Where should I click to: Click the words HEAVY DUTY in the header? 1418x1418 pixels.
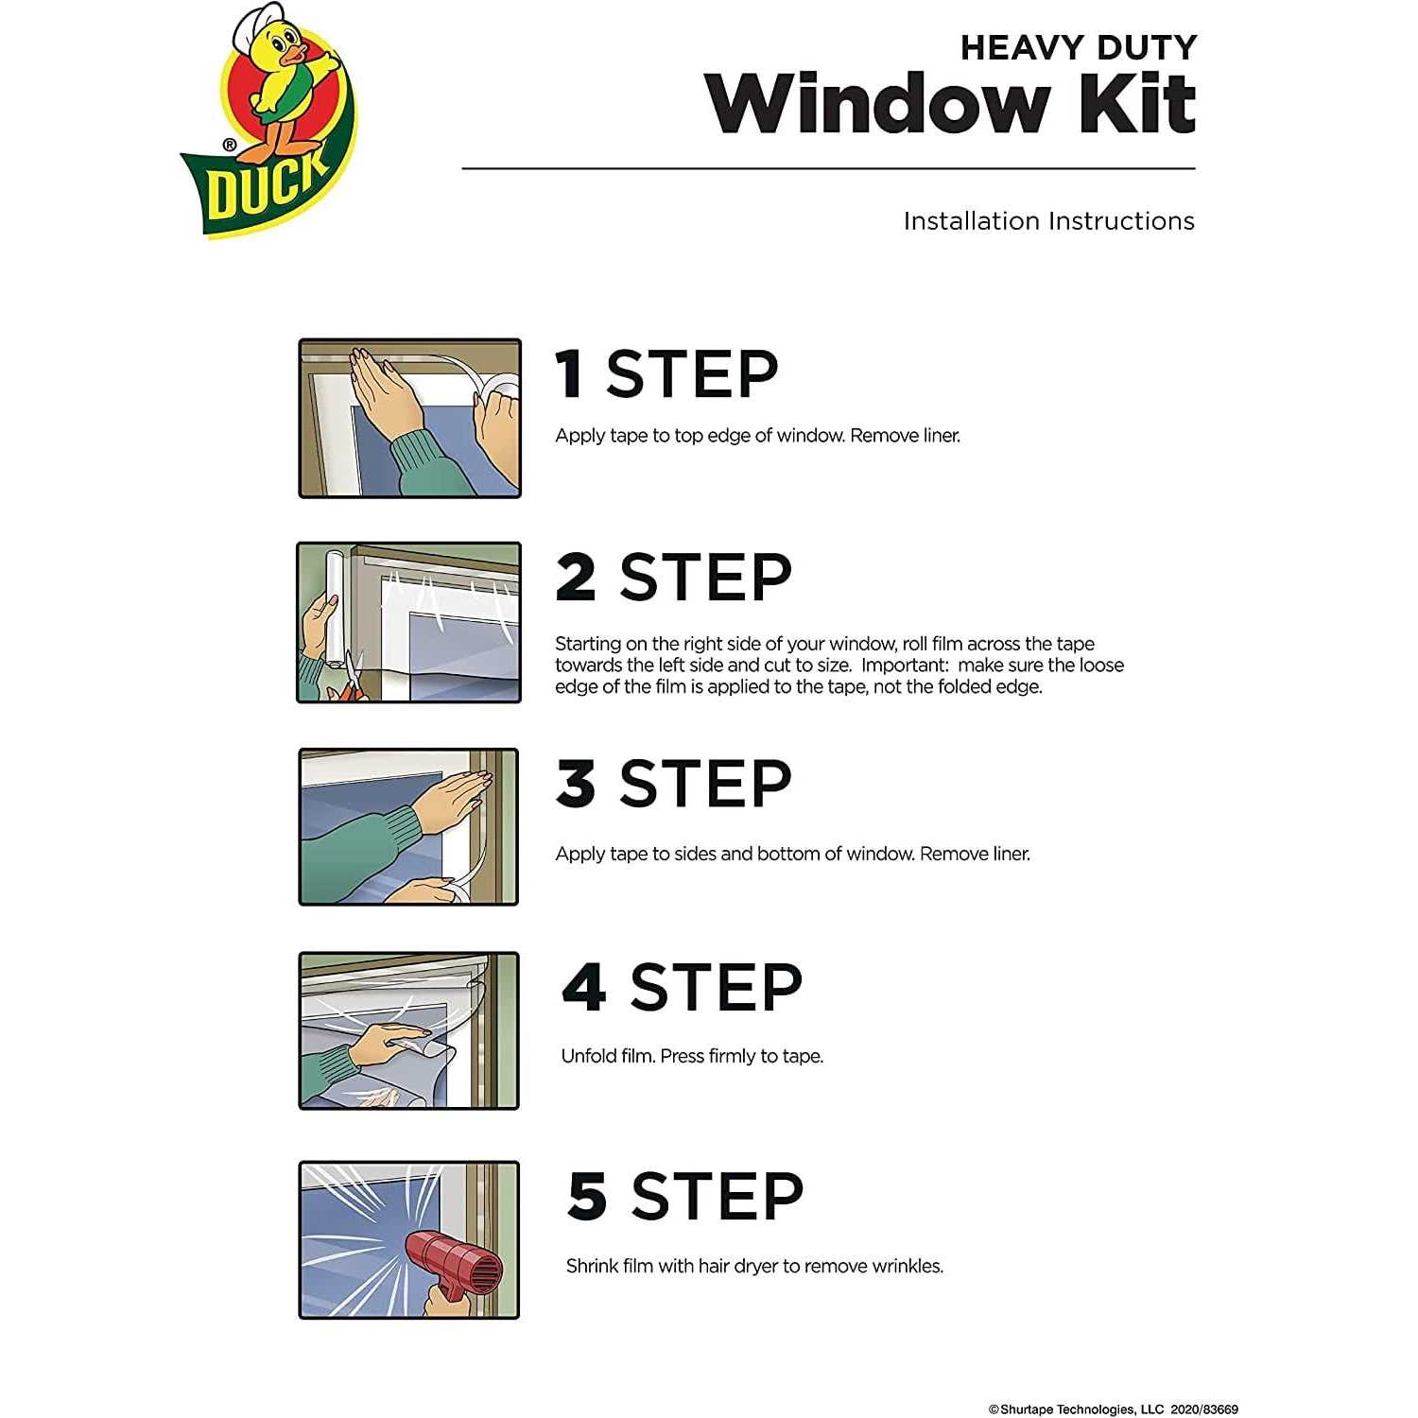(x=1078, y=47)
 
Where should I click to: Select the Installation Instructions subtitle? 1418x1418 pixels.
(x=1048, y=221)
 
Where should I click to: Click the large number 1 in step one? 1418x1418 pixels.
(x=569, y=373)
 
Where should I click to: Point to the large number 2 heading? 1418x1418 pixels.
(x=576, y=577)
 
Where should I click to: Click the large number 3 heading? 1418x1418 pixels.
(x=576, y=783)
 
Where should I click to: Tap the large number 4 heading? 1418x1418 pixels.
(x=583, y=987)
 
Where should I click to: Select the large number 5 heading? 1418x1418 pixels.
(x=586, y=1196)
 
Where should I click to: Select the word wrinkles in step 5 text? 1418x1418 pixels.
(x=907, y=1267)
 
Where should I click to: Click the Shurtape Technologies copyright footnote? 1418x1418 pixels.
(x=1113, y=1409)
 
